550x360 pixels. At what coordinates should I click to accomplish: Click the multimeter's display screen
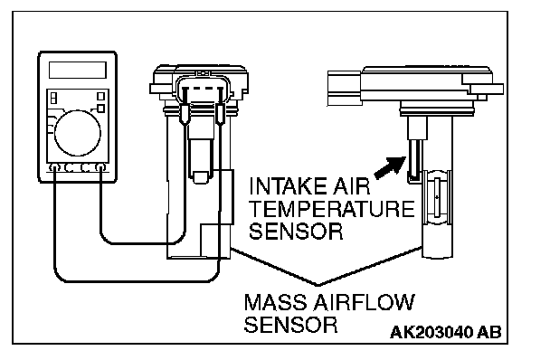(x=78, y=70)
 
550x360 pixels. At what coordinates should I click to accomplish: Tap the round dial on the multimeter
(x=78, y=133)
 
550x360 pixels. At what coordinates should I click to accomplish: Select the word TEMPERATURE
(x=331, y=209)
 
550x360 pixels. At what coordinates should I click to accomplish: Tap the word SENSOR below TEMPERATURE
(x=296, y=232)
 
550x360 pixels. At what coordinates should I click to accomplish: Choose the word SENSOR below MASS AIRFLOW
(x=290, y=325)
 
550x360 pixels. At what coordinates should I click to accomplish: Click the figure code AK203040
(x=431, y=332)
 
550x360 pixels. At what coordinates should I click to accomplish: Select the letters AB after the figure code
(x=489, y=332)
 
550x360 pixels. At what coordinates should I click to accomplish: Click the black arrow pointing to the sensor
(x=390, y=167)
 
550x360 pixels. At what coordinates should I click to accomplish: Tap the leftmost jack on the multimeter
(x=54, y=167)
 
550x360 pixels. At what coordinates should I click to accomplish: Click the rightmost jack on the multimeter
(x=101, y=167)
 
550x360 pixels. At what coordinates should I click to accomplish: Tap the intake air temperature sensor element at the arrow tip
(x=415, y=160)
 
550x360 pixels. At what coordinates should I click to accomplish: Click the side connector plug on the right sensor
(x=345, y=88)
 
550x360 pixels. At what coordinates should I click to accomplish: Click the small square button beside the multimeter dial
(x=100, y=109)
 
